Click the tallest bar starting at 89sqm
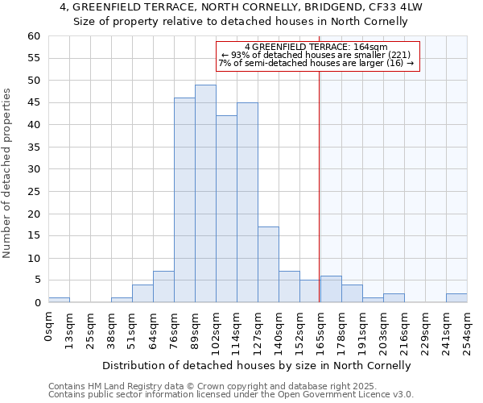205,193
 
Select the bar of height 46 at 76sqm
184,200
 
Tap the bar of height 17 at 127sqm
268,264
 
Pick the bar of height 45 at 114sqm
247,202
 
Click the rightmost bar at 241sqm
456,298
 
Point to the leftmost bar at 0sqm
59,300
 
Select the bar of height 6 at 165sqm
331,289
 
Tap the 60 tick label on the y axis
33,36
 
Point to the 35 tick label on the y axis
33,147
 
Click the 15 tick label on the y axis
33,236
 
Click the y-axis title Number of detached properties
8,174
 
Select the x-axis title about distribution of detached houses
258,365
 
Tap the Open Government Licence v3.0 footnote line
231,395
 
